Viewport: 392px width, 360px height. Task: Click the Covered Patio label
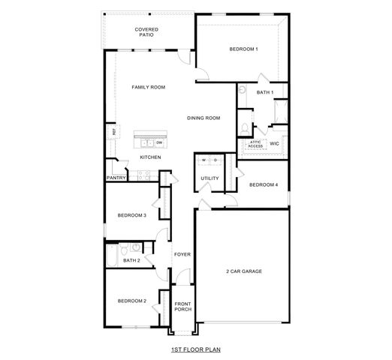tap(146, 32)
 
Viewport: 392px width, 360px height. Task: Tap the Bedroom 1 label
tap(243, 49)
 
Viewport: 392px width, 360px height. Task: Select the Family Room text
tap(148, 87)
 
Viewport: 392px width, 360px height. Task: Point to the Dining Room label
tap(204, 118)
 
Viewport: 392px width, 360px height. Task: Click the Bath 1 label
tap(265, 92)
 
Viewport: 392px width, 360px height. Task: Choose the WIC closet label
tap(275, 142)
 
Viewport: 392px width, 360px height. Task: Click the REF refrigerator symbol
tap(114, 132)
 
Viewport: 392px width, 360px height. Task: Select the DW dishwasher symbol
tap(159, 142)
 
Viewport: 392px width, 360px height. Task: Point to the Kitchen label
tap(151, 157)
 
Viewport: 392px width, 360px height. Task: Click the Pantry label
tap(116, 178)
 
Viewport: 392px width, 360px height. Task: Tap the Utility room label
tap(210, 178)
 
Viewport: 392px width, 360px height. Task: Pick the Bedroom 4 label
tap(264, 184)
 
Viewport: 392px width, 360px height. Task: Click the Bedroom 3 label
tap(131, 216)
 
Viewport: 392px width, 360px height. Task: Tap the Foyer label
tap(182, 254)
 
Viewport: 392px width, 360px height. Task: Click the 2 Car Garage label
tap(244, 271)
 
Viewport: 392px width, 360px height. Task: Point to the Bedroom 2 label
tap(131, 301)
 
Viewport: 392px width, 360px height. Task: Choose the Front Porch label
tap(183, 306)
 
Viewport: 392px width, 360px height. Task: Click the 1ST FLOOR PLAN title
tap(196, 349)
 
